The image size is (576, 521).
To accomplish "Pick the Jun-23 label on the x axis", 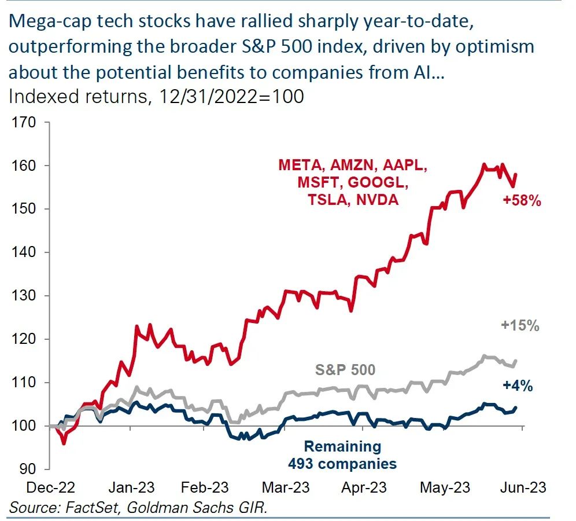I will tap(523, 488).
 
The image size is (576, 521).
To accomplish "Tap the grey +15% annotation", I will tap(520, 326).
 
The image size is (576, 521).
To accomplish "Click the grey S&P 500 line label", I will tap(345, 369).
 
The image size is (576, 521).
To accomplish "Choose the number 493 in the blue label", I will tap(304, 464).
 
